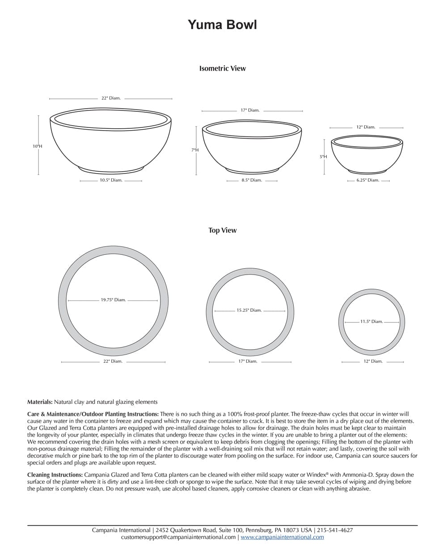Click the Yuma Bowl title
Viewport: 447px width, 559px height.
coord(222,25)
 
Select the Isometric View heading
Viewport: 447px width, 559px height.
coord(222,68)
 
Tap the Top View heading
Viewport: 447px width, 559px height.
coord(222,230)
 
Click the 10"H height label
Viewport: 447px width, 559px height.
coord(37,146)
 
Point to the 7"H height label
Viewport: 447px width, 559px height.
coord(195,150)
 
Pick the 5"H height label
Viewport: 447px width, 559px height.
coord(323,157)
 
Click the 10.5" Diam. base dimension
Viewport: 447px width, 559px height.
coord(111,180)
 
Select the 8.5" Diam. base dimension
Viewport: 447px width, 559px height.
coord(252,180)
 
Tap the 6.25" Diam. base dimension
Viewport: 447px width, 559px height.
coord(368,180)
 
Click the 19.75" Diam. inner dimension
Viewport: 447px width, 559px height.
coord(113,300)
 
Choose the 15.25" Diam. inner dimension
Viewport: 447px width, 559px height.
coord(249,310)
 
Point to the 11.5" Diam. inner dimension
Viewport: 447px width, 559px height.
coord(371,321)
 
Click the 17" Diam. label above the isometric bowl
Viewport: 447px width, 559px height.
coord(250,110)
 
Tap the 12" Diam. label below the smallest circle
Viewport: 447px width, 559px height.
coord(373,361)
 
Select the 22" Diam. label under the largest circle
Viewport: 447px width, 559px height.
coord(113,361)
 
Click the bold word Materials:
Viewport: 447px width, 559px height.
coord(40,402)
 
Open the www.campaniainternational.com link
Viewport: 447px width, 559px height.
coord(282,537)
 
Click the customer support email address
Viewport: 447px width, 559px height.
coord(178,537)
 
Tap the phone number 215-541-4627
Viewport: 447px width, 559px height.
coord(335,530)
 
